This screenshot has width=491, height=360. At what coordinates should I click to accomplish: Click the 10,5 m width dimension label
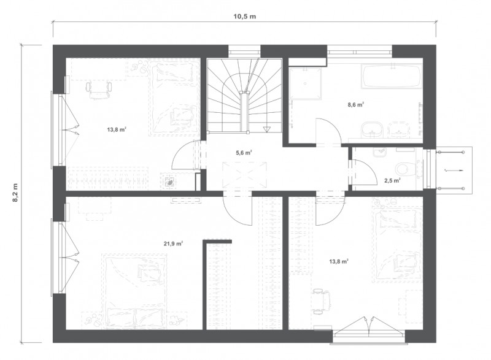pyautogui.click(x=244, y=17)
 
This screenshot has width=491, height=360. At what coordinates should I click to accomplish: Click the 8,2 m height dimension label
pyautogui.click(x=15, y=193)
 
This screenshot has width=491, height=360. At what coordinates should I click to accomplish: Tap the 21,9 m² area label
pyautogui.click(x=173, y=243)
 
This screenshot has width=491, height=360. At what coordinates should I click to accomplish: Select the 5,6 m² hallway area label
pyautogui.click(x=244, y=153)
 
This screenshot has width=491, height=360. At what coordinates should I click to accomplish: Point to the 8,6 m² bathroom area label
pyautogui.click(x=356, y=105)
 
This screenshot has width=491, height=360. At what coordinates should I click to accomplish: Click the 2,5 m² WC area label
pyautogui.click(x=392, y=180)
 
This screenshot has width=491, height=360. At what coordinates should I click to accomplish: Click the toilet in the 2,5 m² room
pyautogui.click(x=406, y=169)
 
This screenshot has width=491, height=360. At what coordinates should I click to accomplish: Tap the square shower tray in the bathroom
pyautogui.click(x=306, y=83)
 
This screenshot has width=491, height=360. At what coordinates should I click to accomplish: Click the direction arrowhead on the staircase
pyautogui.click(x=266, y=129)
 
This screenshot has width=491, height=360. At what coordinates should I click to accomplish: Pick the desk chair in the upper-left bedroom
pyautogui.click(x=99, y=89)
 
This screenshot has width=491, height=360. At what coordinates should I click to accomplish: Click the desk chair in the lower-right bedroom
pyautogui.click(x=322, y=301)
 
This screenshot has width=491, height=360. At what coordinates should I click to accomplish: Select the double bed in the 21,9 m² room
pyautogui.click(x=134, y=291)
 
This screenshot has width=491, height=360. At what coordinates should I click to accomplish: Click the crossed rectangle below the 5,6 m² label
pyautogui.click(x=244, y=175)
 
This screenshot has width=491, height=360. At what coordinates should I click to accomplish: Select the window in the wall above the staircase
pyautogui.click(x=244, y=51)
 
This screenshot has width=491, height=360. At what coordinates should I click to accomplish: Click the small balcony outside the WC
pyautogui.click(x=454, y=170)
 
